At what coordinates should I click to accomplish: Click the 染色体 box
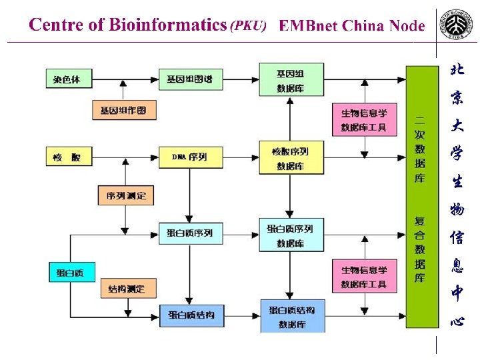coord(67,79)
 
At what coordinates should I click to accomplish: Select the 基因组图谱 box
coord(189,79)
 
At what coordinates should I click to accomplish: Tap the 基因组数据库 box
coord(291,79)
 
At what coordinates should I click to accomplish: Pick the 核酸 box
coord(67,157)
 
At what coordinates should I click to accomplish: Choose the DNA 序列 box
coord(189,157)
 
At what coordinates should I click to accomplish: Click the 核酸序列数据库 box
coord(291,158)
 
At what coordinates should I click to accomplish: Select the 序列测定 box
coord(125,195)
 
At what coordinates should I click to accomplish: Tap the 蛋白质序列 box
coord(189,233)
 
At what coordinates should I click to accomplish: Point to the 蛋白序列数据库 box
coord(291,235)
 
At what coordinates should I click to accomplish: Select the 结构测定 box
coord(125,289)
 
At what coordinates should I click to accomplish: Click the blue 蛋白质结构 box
coord(191,314)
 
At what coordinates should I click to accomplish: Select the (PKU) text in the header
coord(249,27)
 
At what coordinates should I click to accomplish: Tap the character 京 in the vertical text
coord(457,97)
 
